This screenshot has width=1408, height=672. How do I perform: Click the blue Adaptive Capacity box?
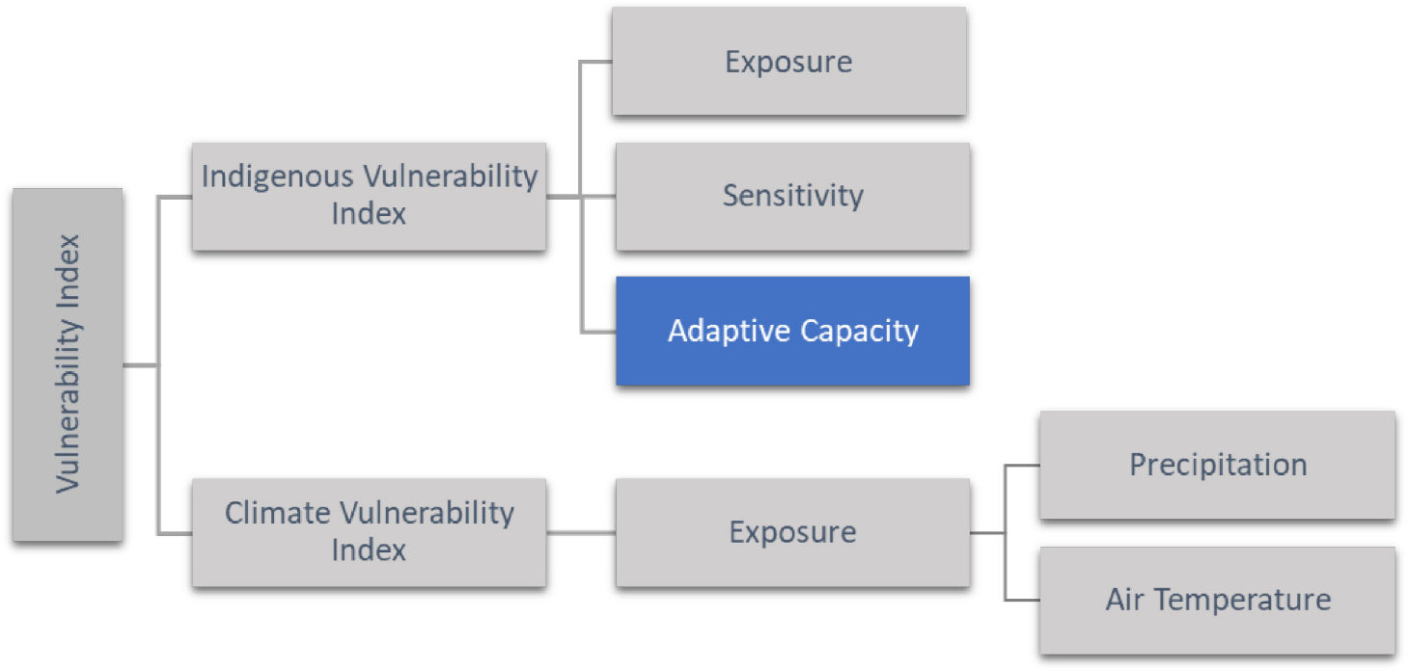tap(792, 331)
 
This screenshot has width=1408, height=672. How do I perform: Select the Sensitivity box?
tap(792, 197)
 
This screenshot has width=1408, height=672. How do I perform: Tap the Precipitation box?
tap(1218, 466)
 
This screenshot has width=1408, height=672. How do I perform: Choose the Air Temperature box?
tap(1218, 601)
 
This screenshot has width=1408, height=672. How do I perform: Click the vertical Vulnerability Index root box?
tap(68, 364)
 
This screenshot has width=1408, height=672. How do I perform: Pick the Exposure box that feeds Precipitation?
tap(792, 532)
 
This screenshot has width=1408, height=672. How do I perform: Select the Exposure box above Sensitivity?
tap(789, 62)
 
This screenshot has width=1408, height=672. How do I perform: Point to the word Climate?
tap(278, 513)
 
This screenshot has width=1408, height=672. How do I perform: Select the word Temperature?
tap(1243, 600)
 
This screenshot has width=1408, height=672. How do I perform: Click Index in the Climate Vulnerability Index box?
tap(369, 551)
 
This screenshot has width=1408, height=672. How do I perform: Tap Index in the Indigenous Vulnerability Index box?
tap(369, 213)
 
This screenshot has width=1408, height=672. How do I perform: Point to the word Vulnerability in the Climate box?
tap(427, 513)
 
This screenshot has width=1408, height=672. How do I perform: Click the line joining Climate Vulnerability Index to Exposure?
tap(581, 533)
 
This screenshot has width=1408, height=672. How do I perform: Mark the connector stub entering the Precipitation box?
tap(1022, 466)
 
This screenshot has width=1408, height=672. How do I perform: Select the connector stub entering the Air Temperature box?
tap(1022, 601)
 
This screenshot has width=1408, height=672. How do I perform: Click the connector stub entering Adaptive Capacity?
tap(599, 331)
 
